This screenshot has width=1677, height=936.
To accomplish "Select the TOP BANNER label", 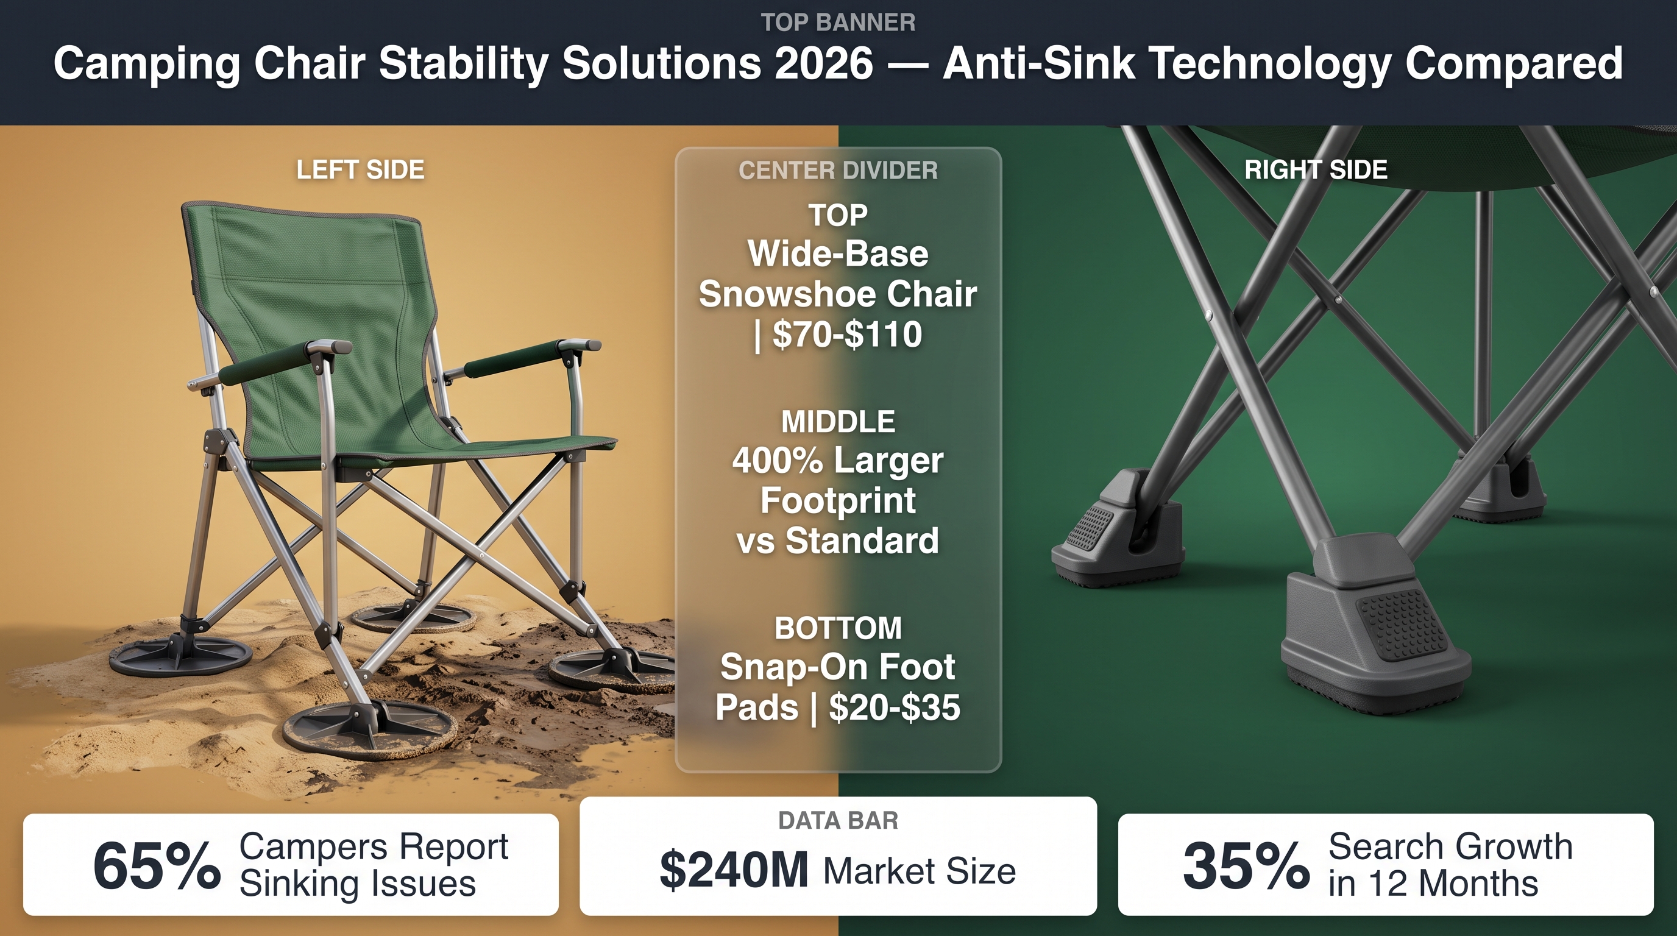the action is pos(838,22).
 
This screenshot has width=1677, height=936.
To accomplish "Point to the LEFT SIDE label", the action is pos(360,170).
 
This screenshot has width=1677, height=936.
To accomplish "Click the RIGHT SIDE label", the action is pos(1316,170).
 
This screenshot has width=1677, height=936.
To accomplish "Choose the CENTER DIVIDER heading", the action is pos(838,171).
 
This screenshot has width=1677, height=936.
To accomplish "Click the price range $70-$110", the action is pos(847,334).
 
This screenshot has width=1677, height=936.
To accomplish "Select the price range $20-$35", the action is pos(894,707).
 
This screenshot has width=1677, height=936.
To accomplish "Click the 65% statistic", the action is pos(157,867).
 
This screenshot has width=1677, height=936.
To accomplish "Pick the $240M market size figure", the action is pos(734,870).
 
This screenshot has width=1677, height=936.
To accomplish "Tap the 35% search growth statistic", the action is pos(1246,867).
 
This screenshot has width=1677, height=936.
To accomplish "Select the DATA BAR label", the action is pos(838,820).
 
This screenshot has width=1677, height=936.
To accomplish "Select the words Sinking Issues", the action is pos(358,884).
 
